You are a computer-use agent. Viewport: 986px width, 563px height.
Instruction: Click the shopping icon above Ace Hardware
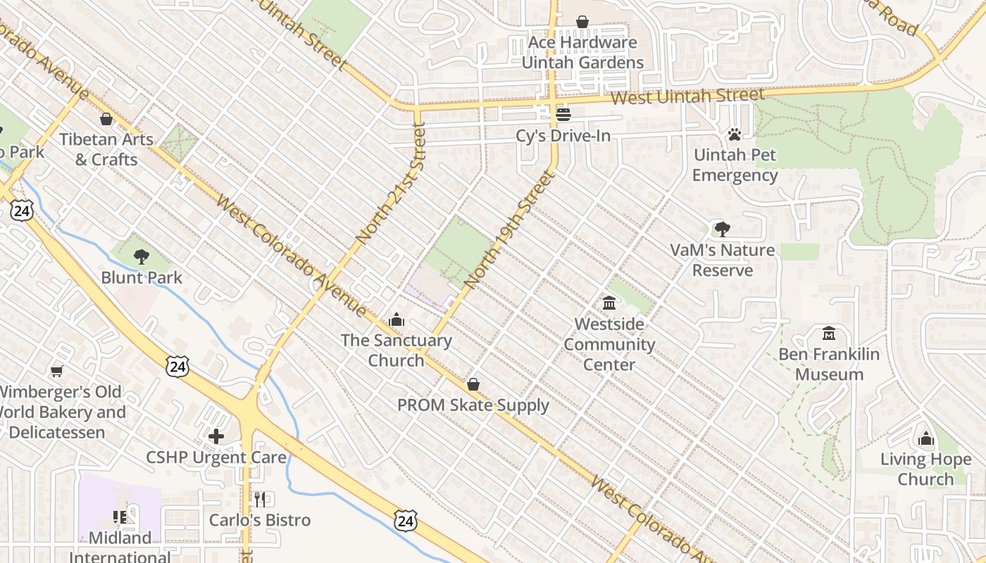click(x=582, y=22)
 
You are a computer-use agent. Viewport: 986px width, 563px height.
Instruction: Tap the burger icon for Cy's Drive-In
click(x=563, y=114)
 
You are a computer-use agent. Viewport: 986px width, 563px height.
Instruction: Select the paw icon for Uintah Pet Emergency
click(x=735, y=134)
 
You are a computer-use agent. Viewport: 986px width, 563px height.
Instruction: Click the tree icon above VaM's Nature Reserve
click(x=722, y=229)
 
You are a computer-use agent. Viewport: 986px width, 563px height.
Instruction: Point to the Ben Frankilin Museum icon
click(x=829, y=333)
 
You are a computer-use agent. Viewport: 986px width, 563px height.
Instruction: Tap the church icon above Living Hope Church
click(x=925, y=439)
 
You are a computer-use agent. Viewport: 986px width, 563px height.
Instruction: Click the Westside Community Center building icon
click(x=609, y=303)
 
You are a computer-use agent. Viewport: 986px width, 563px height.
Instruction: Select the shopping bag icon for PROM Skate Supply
click(x=473, y=384)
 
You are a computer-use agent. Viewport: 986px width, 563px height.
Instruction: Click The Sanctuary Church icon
click(x=397, y=320)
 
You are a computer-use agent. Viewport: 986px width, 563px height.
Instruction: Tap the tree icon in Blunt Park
click(x=142, y=257)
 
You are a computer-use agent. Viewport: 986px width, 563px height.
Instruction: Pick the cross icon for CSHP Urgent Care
click(x=216, y=436)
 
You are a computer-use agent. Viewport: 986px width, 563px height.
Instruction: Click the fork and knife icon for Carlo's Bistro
click(x=260, y=500)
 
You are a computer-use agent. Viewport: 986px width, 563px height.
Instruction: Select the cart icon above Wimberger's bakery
click(x=57, y=371)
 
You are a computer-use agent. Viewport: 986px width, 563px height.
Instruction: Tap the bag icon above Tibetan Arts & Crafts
click(x=106, y=119)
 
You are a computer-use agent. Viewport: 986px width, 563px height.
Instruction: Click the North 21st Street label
click(x=392, y=184)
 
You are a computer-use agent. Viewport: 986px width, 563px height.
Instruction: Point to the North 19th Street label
click(x=506, y=230)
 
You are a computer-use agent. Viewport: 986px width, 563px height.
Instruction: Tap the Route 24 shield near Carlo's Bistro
click(x=404, y=521)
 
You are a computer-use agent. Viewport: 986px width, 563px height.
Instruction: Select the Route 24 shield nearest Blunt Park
click(x=178, y=365)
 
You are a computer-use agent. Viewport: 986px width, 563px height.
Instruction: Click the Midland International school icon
click(x=120, y=518)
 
